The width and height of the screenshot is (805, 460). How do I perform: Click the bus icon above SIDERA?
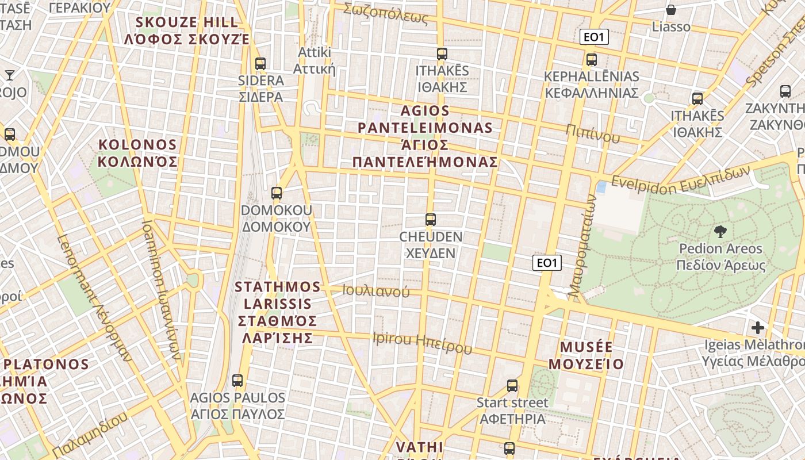click(260, 64)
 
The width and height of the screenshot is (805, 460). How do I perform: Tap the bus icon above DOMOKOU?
click(277, 193)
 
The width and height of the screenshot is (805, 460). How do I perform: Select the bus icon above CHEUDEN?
click(430, 220)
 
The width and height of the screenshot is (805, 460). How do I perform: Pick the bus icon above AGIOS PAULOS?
click(237, 381)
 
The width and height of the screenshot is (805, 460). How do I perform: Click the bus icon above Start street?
click(512, 386)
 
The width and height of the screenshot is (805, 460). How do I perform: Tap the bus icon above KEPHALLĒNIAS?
click(591, 60)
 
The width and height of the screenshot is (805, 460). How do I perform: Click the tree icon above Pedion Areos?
click(719, 232)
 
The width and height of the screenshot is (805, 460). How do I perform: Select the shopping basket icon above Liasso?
click(670, 10)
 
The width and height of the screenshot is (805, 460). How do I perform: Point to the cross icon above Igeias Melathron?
click(758, 328)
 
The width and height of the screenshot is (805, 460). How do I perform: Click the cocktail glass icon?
click(10, 75)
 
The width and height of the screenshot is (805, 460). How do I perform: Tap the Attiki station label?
click(315, 60)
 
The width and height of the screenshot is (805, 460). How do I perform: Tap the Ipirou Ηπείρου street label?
click(422, 343)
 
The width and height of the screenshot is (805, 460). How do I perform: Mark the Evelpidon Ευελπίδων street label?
click(681, 179)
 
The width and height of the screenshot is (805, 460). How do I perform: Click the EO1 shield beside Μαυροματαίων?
click(546, 263)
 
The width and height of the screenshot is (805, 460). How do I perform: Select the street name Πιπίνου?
click(593, 133)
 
